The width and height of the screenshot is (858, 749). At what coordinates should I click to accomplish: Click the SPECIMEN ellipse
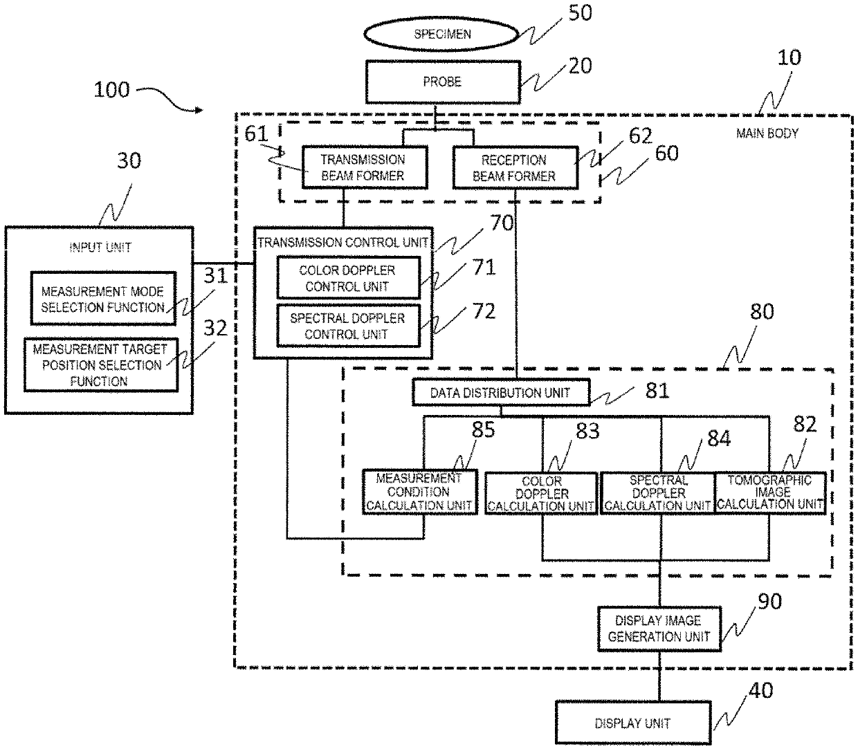click(442, 33)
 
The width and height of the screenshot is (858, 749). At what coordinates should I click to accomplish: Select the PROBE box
click(442, 82)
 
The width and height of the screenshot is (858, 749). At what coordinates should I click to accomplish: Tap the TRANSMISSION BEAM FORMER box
click(363, 167)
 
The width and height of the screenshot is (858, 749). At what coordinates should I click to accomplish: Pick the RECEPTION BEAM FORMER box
click(514, 167)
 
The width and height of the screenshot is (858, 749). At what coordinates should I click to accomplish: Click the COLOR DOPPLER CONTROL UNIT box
click(348, 278)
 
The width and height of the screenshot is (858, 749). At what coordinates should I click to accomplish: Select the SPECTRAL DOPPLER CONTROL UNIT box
click(348, 326)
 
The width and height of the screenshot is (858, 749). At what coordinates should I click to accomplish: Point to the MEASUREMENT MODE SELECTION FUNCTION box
click(102, 299)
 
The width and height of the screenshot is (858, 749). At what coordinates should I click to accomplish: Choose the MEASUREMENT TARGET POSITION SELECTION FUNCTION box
click(100, 364)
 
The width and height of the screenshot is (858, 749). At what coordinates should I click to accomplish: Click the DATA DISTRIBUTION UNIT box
click(500, 393)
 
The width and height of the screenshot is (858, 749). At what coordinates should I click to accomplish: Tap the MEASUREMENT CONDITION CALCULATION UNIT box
click(419, 492)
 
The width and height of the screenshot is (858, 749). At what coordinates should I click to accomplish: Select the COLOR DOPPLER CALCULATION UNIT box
click(541, 494)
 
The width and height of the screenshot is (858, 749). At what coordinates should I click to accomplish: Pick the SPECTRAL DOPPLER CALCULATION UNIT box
click(657, 492)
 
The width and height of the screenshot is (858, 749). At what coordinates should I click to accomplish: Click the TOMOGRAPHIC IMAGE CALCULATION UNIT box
click(769, 492)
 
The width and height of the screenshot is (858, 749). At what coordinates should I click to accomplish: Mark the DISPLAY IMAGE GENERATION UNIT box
click(658, 629)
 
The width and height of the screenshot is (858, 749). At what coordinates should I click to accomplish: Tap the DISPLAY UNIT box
click(632, 723)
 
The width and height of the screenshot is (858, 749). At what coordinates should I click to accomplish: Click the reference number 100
click(111, 89)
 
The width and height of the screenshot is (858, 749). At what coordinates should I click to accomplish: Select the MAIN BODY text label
click(767, 133)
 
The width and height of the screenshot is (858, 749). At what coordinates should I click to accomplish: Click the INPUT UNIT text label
click(100, 247)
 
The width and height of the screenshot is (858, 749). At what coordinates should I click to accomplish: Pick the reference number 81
click(657, 391)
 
